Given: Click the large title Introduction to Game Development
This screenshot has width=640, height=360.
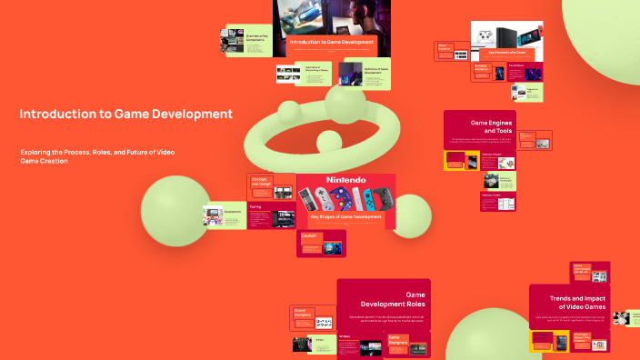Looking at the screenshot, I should pyautogui.click(x=125, y=115).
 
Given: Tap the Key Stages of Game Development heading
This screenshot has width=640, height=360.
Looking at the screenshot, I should pyautogui.click(x=345, y=217).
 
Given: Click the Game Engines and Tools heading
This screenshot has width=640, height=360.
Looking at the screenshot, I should pyautogui.click(x=491, y=126).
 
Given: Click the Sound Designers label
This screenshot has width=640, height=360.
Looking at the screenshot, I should pyautogui.click(x=303, y=314).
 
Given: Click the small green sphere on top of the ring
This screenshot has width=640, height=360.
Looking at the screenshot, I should pyautogui.click(x=290, y=112).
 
